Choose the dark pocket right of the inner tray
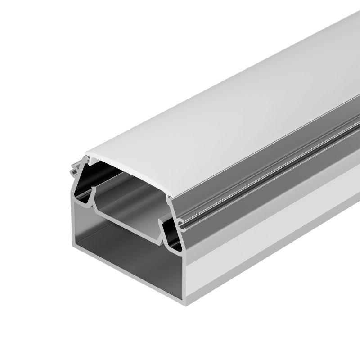(173, 234)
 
